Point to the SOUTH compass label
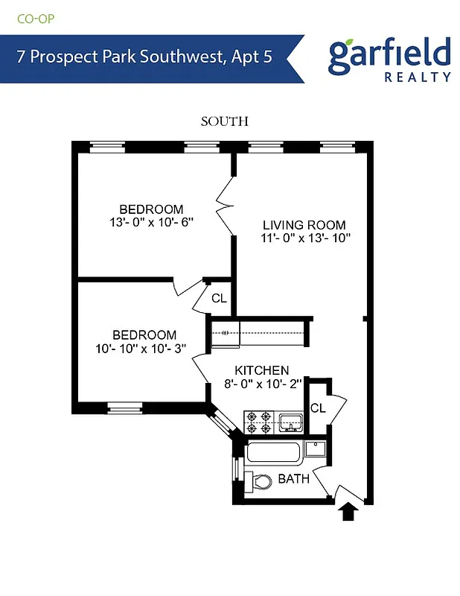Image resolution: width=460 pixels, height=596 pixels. [x=224, y=121]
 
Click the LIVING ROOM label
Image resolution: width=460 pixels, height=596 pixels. [x=304, y=225]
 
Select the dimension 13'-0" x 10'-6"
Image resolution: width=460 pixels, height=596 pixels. [x=151, y=222]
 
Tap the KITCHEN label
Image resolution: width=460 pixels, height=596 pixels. [x=262, y=370]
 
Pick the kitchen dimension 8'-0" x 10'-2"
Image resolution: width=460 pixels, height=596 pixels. [x=262, y=384]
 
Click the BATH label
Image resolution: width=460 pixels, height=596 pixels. [x=293, y=479]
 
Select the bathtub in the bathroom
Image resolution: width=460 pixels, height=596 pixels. [x=274, y=452]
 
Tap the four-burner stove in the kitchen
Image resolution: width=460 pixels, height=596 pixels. [x=259, y=421]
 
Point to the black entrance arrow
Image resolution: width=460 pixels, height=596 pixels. [x=348, y=512]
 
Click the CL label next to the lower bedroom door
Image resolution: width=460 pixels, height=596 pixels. [x=219, y=298]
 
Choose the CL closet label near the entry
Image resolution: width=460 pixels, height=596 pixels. [x=318, y=408]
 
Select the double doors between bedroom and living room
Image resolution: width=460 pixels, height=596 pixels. [x=225, y=203]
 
